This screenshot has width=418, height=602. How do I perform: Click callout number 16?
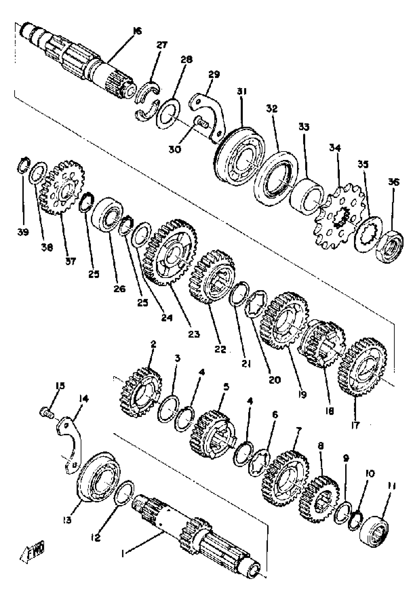137,31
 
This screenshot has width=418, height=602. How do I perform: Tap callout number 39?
23,232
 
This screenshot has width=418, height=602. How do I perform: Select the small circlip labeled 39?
23,165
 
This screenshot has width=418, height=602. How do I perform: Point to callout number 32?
272,108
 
